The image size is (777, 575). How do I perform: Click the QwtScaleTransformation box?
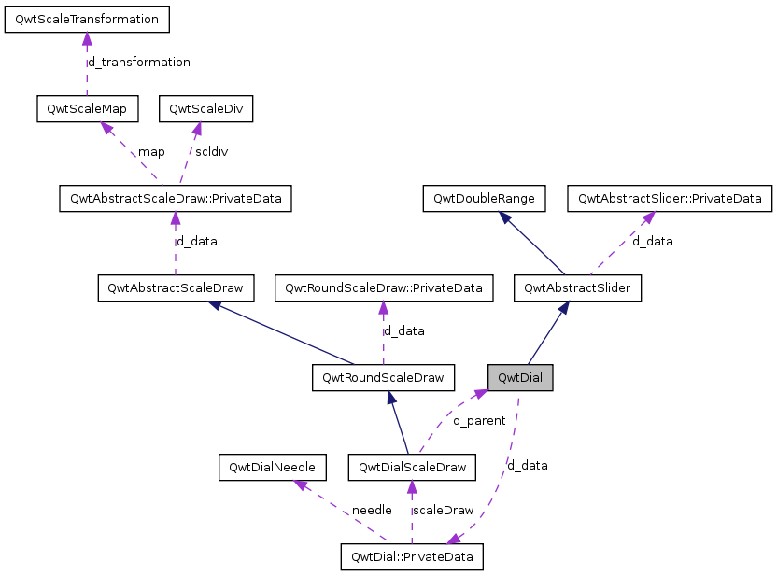[x=87, y=20]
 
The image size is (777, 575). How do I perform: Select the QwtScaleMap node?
[x=87, y=109]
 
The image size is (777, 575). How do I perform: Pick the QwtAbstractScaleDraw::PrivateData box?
[x=175, y=199]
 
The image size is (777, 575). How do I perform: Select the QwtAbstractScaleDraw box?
[x=177, y=288]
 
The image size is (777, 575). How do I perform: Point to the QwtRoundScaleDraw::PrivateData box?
[x=383, y=288]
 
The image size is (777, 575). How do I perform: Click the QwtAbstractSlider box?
[x=577, y=288]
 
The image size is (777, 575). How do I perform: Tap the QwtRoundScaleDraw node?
[x=383, y=378]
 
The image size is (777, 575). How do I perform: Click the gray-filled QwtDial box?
[x=520, y=378]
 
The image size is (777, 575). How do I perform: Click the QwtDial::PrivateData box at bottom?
[x=412, y=558]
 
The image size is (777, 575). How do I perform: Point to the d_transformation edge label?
[x=138, y=63]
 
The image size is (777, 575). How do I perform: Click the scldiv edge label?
[x=212, y=152]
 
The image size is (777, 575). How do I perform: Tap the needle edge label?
[x=372, y=511]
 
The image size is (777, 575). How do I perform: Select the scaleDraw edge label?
[x=443, y=511]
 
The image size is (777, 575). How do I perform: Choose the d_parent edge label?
[x=479, y=421]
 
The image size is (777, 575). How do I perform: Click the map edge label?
[x=151, y=152]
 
